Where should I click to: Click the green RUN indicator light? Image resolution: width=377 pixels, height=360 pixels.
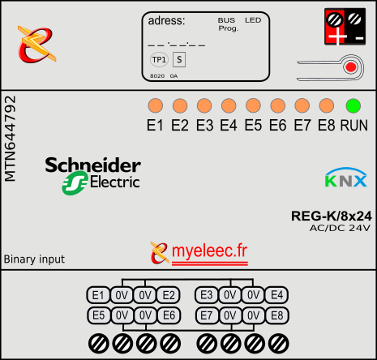pyautogui.click(x=353, y=105)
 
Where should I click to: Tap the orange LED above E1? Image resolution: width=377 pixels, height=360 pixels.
pyautogui.click(x=156, y=105)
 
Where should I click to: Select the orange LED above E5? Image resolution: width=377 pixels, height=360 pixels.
pyautogui.click(x=253, y=105)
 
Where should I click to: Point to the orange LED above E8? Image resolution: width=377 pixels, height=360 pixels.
pyautogui.click(x=327, y=105)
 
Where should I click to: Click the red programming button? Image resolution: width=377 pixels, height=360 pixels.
pyautogui.click(x=351, y=67)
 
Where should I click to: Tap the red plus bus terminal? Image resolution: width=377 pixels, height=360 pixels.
pyautogui.click(x=335, y=27)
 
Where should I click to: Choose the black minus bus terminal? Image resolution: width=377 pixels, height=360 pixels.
pyautogui.click(x=355, y=27)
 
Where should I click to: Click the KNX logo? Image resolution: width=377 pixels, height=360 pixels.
pyautogui.click(x=346, y=178)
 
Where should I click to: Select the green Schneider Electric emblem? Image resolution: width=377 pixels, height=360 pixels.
pyautogui.click(x=75, y=183)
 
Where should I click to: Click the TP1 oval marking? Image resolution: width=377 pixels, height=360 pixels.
pyautogui.click(x=159, y=59)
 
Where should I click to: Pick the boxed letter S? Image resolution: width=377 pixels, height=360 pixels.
pyautogui.click(x=179, y=59)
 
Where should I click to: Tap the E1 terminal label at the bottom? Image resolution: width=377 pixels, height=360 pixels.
pyautogui.click(x=98, y=295)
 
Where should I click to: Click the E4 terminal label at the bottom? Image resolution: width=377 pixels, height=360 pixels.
pyautogui.click(x=276, y=295)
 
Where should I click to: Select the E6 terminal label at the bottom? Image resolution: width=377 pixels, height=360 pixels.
pyautogui.click(x=169, y=315)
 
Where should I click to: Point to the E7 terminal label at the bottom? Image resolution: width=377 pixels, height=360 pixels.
pyautogui.click(x=207, y=315)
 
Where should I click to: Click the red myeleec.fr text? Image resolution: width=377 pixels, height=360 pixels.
pyautogui.click(x=209, y=251)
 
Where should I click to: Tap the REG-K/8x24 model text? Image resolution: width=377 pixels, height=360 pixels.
pyautogui.click(x=332, y=216)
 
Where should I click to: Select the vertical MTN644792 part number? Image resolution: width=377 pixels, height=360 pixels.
pyautogui.click(x=11, y=139)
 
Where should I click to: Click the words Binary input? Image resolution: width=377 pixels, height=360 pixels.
pyautogui.click(x=34, y=259)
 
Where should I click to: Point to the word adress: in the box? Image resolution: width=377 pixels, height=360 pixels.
pyautogui.click(x=166, y=21)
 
